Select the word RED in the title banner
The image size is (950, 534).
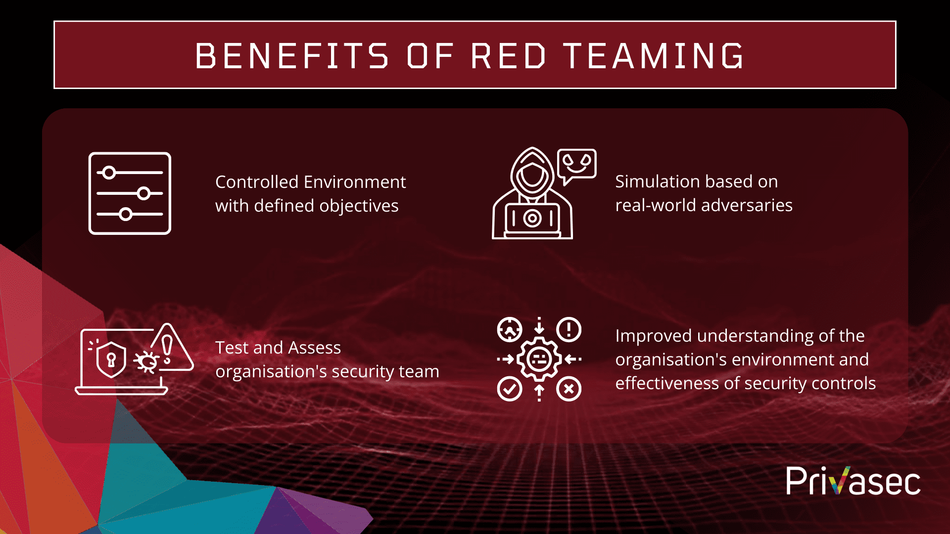tap(509, 55)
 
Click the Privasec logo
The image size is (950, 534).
tap(853, 481)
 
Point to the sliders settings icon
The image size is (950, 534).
tap(130, 193)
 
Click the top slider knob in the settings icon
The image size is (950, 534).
tap(109, 173)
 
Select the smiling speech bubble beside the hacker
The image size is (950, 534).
tap(576, 164)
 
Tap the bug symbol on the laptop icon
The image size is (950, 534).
tap(146, 362)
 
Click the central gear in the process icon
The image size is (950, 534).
tap(539, 359)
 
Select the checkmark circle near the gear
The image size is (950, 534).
tap(509, 389)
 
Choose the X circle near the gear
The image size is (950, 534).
tap(569, 389)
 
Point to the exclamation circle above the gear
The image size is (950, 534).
tap(569, 329)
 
